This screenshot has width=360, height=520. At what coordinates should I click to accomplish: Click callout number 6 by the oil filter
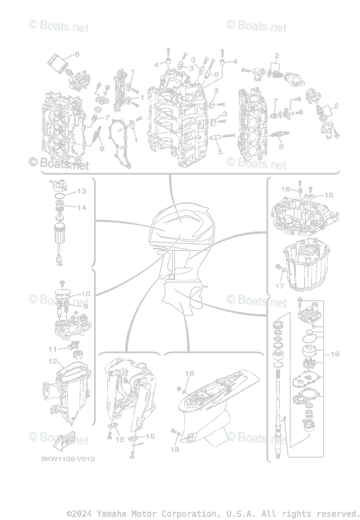point(77,54)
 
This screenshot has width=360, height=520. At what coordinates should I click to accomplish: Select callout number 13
point(82,191)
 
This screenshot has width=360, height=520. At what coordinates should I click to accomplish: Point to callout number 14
point(82,208)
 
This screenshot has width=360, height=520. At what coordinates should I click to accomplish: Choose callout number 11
point(52,349)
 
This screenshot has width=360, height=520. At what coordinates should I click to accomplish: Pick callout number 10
point(85,294)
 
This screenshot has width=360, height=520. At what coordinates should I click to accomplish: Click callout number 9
point(85,306)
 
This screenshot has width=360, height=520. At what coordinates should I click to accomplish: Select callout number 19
point(334,354)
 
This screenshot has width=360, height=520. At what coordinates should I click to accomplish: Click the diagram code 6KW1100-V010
point(68,459)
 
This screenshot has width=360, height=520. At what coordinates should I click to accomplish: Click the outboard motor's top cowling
point(182,225)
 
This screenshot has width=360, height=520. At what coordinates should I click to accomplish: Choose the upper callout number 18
point(189,374)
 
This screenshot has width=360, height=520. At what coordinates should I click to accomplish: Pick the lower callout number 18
point(175,449)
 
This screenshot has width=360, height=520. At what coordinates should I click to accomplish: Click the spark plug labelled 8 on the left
point(96,136)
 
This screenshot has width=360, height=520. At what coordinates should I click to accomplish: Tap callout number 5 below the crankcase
point(220,152)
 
